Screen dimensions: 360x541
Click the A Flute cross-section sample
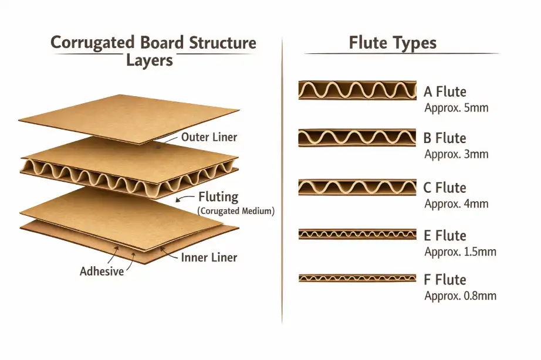(x=357, y=90)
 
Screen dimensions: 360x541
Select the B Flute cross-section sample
(x=357, y=138)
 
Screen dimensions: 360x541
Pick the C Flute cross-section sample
(x=357, y=188)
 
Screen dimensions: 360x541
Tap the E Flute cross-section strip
(x=357, y=235)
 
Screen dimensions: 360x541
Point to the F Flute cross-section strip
(x=357, y=278)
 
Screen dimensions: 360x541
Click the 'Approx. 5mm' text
(x=456, y=108)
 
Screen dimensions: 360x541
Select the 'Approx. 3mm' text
(x=456, y=155)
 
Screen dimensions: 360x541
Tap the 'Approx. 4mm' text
(x=456, y=205)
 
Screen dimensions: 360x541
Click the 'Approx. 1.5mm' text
(x=460, y=252)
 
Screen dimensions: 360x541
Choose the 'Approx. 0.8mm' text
(x=460, y=296)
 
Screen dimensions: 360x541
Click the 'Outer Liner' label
(x=209, y=137)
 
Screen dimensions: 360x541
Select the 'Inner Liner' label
(x=209, y=257)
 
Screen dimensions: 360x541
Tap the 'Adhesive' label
(x=102, y=271)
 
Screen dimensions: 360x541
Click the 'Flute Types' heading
(x=393, y=43)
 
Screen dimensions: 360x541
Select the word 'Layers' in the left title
(x=150, y=60)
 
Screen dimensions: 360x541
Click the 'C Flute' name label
(x=445, y=188)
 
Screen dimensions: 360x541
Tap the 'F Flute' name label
(x=444, y=280)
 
